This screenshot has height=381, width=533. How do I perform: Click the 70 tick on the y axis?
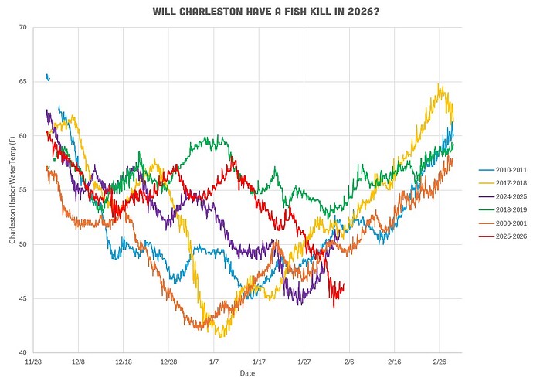pos(22,28)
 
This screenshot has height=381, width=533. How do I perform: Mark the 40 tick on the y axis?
pos(22,353)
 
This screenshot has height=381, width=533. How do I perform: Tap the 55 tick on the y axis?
pos(22,190)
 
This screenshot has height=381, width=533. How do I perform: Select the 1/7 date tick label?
pos(214,361)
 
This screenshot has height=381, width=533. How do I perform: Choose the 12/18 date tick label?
pos(124,361)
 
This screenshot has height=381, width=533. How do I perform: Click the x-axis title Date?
pos(247,372)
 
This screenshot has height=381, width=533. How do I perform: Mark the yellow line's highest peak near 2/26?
pos(440,84)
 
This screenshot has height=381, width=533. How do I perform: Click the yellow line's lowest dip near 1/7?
pos(222,337)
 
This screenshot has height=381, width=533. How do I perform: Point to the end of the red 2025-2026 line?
pos(344,284)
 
